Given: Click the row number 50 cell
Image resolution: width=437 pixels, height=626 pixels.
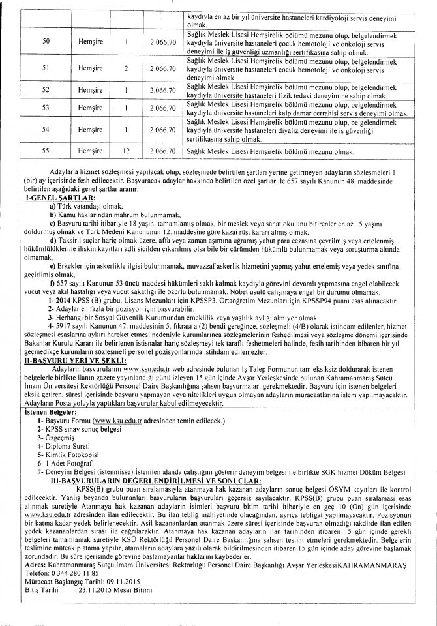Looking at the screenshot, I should (46, 40).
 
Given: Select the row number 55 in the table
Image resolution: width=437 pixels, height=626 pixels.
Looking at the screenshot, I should (46, 151).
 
